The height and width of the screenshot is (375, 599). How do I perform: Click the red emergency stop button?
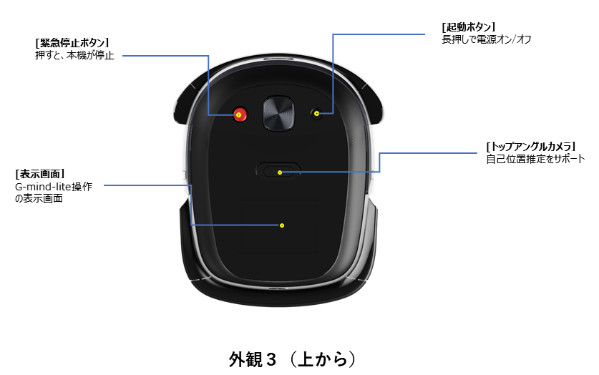coord(240,114)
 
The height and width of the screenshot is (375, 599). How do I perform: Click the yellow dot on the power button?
coord(316,113)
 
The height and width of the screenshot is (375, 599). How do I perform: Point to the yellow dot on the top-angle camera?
coord(280,172)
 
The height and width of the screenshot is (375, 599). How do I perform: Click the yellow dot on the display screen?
coord(282,225)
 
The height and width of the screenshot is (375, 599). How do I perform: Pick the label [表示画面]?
coord(40,174)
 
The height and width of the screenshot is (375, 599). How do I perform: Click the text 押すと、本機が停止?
coord(74,55)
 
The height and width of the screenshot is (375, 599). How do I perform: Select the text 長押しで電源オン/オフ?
coord(487,39)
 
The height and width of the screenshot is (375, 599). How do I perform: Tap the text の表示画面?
coord(39,198)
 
